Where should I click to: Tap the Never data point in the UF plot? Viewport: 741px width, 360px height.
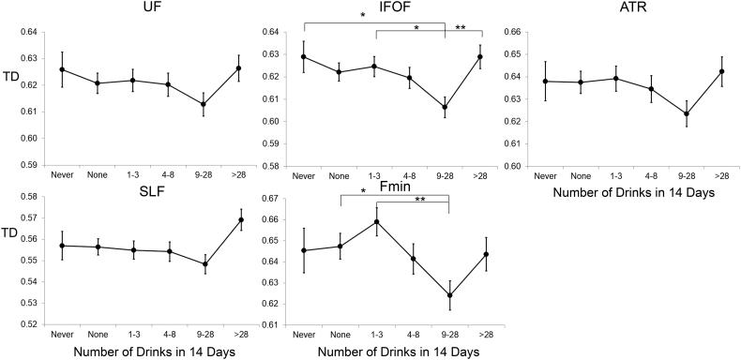(x=62, y=69)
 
